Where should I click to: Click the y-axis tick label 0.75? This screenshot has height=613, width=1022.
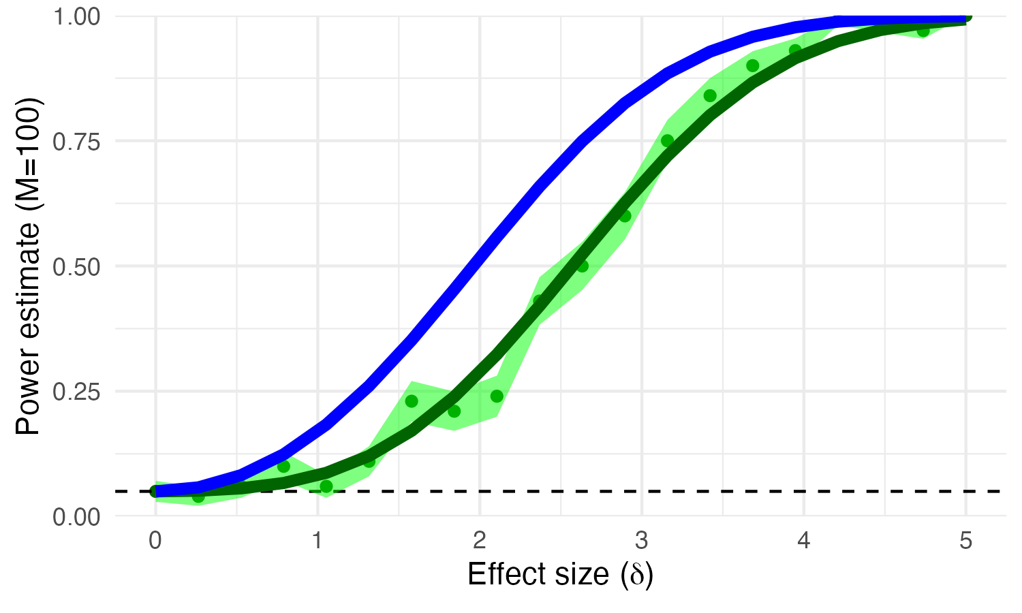pyautogui.click(x=76, y=141)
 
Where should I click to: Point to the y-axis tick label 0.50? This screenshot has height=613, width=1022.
pyautogui.click(x=76, y=266)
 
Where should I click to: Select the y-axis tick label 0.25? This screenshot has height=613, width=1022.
pyautogui.click(x=76, y=391)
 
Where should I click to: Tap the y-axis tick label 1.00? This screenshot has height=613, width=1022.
pyautogui.click(x=76, y=16)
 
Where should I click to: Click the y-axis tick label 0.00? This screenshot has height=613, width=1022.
pyautogui.click(x=76, y=516)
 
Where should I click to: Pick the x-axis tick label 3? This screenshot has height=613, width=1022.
pyautogui.click(x=642, y=541)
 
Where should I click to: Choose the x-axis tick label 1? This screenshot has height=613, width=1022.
pyautogui.click(x=318, y=541)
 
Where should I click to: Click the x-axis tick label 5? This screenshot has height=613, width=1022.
pyautogui.click(x=965, y=541)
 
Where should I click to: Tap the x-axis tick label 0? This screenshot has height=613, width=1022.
pyautogui.click(x=155, y=541)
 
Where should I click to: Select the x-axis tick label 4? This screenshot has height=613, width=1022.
pyautogui.click(x=804, y=541)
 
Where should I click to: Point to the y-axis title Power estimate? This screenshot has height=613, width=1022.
pyautogui.click(x=29, y=266)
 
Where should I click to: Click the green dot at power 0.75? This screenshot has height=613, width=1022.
pyautogui.click(x=667, y=141)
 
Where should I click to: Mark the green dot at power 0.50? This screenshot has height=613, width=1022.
pyautogui.click(x=582, y=266)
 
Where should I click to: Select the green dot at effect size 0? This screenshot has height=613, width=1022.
pyautogui.click(x=155, y=491)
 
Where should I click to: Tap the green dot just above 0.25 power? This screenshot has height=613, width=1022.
pyautogui.click(x=412, y=401)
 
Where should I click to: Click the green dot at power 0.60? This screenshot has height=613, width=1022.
pyautogui.click(x=625, y=216)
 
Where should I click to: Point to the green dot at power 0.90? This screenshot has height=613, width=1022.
pyautogui.click(x=752, y=65)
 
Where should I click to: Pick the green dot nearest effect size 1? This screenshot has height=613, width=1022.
pyautogui.click(x=326, y=486)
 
